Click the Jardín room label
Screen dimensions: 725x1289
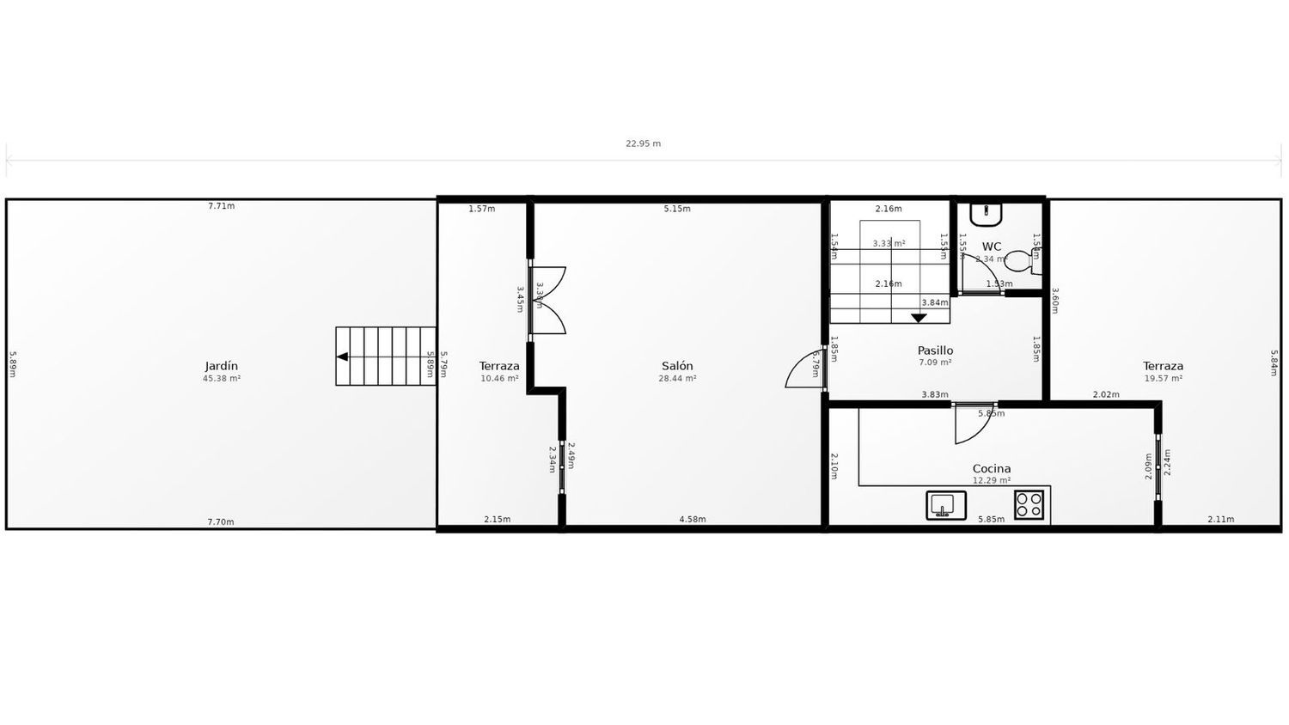(221, 366)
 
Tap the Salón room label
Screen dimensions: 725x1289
(677, 366)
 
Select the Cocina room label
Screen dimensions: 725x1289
(991, 469)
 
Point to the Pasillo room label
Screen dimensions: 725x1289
(935, 350)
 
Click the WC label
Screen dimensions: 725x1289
(992, 247)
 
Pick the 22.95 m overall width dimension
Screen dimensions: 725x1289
(643, 143)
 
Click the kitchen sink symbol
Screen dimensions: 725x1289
(945, 505)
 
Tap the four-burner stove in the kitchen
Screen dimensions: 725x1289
(1029, 504)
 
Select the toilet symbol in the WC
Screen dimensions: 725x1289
(1023, 260)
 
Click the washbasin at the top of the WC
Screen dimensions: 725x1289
(987, 211)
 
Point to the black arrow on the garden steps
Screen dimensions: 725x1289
(342, 356)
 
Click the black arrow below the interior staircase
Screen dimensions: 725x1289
(919, 318)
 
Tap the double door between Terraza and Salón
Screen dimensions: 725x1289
(548, 300)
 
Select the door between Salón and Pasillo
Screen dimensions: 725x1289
(805, 369)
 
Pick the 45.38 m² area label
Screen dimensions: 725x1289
(221, 379)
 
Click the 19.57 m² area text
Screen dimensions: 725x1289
(1163, 379)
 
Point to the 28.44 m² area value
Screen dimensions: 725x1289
(677, 379)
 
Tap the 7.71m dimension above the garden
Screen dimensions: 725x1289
(221, 206)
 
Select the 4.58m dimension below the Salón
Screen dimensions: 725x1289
(692, 520)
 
